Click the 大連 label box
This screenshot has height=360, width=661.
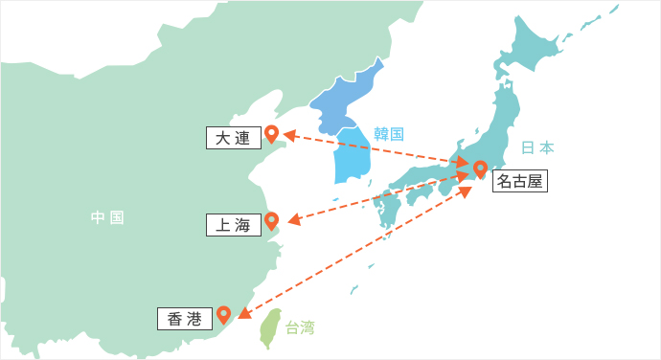click(x=233, y=138)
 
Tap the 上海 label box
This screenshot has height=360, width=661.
click(x=233, y=226)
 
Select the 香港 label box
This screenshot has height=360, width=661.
click(x=184, y=319)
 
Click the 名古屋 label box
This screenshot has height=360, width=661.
click(x=519, y=181)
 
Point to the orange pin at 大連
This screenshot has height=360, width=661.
click(x=271, y=134)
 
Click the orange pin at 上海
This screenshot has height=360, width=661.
click(x=271, y=221)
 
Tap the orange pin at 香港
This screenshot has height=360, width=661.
click(x=223, y=314)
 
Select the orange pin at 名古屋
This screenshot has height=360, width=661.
click(x=480, y=169)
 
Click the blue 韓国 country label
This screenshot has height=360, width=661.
click(x=389, y=133)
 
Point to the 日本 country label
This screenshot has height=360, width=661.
click(x=537, y=147)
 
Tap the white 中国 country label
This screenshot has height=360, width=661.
click(x=107, y=217)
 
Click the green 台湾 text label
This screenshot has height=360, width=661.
click(x=300, y=326)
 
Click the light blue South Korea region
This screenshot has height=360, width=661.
click(x=351, y=158)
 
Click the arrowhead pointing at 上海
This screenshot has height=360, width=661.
click(x=293, y=221)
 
